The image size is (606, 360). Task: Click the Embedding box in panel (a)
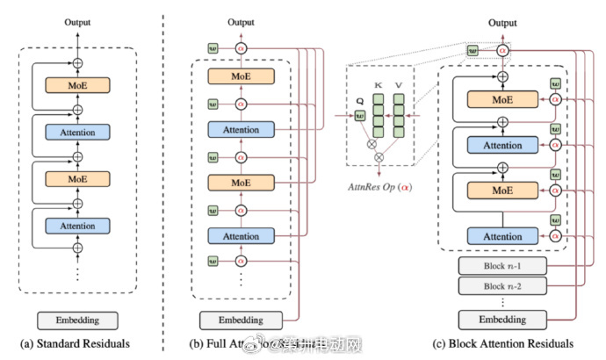click(x=77, y=320)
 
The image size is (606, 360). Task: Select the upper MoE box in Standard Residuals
click(x=77, y=85)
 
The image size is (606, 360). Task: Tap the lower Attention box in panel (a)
click(x=77, y=226)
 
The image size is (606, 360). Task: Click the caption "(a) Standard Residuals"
click(x=77, y=343)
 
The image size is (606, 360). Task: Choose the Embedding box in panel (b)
click(x=241, y=320)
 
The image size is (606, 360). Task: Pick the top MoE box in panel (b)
click(x=241, y=77)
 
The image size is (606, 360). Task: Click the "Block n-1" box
click(x=502, y=266)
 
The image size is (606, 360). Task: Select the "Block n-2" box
click(x=502, y=285)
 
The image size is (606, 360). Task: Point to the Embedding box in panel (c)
click(x=502, y=319)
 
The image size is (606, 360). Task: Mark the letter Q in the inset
click(x=358, y=100)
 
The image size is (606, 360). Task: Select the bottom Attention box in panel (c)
click(x=502, y=235)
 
